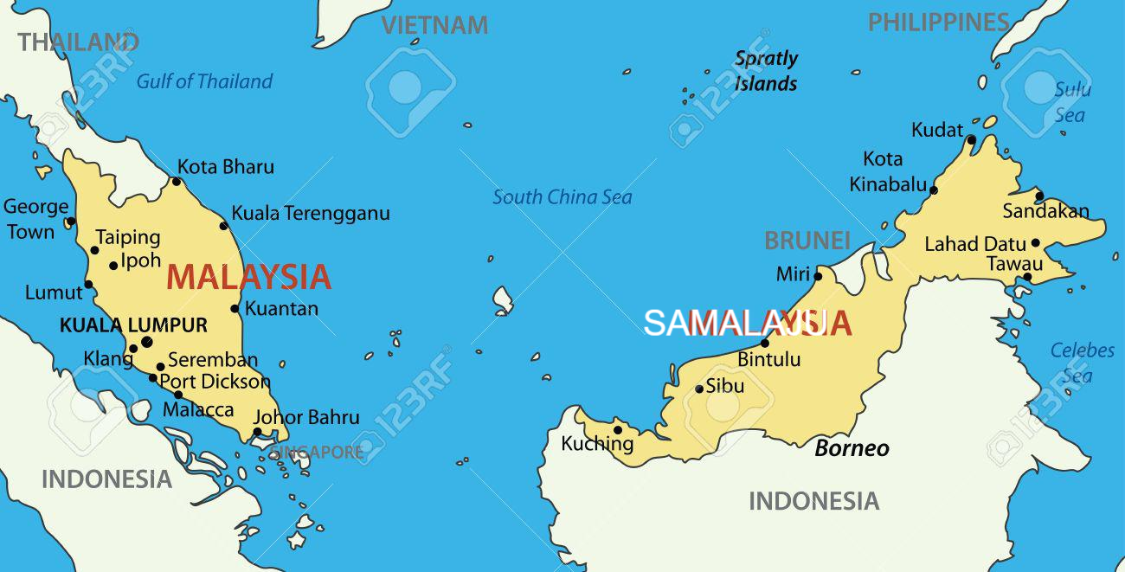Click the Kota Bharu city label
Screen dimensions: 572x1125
pyautogui.click(x=225, y=167)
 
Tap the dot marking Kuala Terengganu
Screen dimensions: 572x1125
pyautogui.click(x=223, y=226)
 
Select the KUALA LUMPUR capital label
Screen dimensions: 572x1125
pyautogui.click(x=133, y=325)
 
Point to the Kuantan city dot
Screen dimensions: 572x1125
pyautogui.click(x=235, y=308)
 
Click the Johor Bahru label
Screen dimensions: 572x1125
pyautogui.click(x=306, y=417)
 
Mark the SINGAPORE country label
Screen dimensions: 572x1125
pyautogui.click(x=317, y=453)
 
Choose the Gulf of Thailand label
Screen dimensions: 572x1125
pyautogui.click(x=204, y=81)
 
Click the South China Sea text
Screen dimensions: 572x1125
pyautogui.click(x=562, y=197)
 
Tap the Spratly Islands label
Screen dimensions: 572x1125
pyautogui.click(x=766, y=71)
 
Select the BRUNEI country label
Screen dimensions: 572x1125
pyautogui.click(x=807, y=241)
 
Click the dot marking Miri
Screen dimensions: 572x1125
pyautogui.click(x=818, y=276)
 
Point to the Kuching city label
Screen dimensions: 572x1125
pyautogui.click(x=597, y=444)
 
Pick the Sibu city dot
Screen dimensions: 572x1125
pyautogui.click(x=699, y=389)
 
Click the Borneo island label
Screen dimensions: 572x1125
pyautogui.click(x=852, y=447)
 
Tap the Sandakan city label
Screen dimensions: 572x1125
pyautogui.click(x=1045, y=211)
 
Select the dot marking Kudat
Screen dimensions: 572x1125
pyautogui.click(x=971, y=139)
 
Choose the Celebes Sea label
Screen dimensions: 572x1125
pyautogui.click(x=1081, y=363)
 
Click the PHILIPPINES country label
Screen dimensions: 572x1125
pyautogui.click(x=939, y=22)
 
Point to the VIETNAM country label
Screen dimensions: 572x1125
pyautogui.click(x=434, y=25)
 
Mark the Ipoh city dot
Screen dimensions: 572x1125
pyautogui.click(x=113, y=265)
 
